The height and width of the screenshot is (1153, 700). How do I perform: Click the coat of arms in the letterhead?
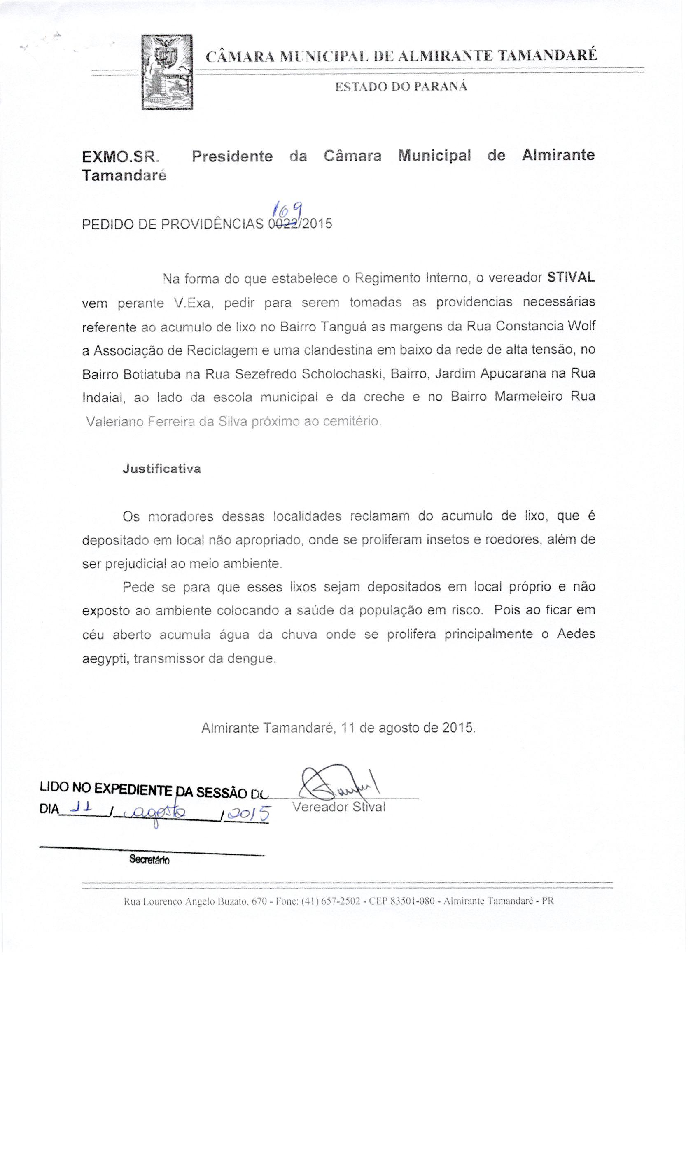[167, 72]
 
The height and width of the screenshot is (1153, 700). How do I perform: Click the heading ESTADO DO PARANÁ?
[401, 87]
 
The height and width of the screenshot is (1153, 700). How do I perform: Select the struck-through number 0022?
[283, 224]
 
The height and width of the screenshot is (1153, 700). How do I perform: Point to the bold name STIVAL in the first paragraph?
[571, 277]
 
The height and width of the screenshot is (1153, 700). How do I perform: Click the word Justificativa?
[162, 469]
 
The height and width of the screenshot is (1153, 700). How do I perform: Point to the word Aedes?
[576, 634]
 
